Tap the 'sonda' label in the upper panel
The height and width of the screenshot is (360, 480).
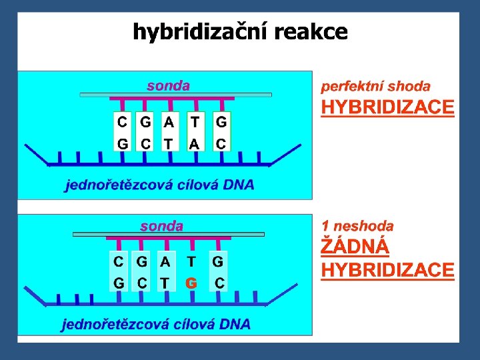point(168,85)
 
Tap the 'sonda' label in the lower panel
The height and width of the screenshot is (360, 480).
point(161,226)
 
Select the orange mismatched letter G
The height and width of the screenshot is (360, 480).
point(191,283)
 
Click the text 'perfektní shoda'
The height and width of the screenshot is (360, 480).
point(375,86)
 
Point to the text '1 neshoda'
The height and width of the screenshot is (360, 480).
point(357,226)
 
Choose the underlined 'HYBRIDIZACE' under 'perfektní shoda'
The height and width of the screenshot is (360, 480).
point(387,108)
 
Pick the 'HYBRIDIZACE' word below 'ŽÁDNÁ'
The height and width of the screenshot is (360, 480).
point(387,270)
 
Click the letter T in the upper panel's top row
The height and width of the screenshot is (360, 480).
point(194,123)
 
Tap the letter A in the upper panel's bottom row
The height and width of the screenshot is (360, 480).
point(194,143)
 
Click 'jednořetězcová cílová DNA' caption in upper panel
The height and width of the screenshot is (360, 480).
point(159,185)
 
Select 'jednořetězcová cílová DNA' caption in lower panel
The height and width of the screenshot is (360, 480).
point(157,325)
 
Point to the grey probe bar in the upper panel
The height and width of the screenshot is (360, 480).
point(175,95)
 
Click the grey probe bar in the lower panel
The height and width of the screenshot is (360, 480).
point(168,235)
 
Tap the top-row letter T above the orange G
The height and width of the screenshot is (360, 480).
point(191,262)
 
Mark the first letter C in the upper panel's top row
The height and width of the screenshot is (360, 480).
point(122,123)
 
